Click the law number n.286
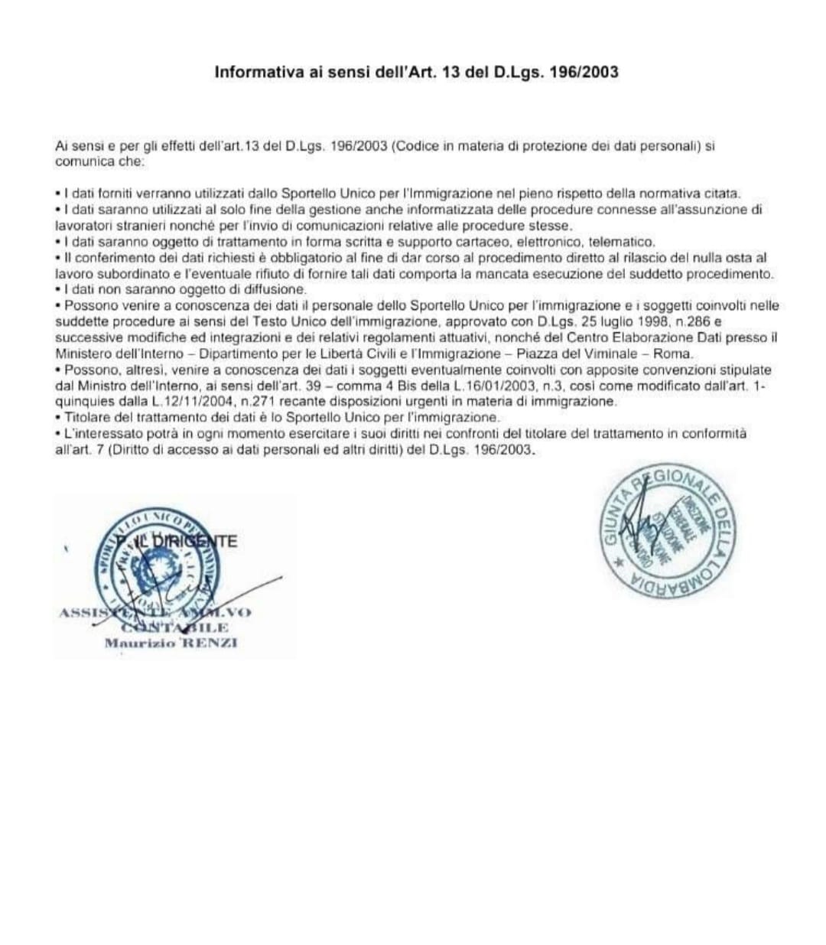click(x=694, y=321)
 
